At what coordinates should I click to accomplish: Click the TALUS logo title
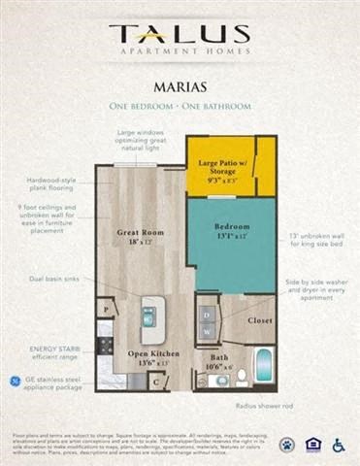[180, 34]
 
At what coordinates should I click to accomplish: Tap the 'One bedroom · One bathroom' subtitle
[180, 105]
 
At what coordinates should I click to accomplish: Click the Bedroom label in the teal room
[232, 231]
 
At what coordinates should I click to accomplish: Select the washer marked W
[206, 333]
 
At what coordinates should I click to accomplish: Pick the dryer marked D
[206, 315]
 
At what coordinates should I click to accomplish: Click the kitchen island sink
[148, 316]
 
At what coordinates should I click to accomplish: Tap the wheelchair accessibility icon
[338, 445]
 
